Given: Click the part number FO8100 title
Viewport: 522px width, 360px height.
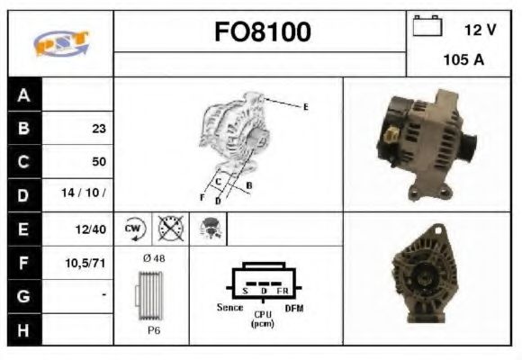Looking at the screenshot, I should point(261,32).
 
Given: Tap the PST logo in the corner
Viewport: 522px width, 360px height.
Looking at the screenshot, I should point(60,43).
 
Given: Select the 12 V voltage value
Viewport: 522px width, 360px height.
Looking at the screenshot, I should point(480,30).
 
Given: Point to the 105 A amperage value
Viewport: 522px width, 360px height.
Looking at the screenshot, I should point(463,60).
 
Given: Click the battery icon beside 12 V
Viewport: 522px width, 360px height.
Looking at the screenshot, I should point(426,28).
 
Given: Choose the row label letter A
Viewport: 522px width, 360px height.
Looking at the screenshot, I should point(23,95).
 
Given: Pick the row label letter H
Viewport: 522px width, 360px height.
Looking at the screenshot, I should point(23,329).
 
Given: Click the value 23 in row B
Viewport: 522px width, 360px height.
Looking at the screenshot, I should point(98,129).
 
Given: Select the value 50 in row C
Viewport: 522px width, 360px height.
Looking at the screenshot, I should point(98,162).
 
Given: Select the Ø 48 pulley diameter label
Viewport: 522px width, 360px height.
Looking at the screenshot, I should point(153,258).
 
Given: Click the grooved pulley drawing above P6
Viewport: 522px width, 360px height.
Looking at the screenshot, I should point(150,294).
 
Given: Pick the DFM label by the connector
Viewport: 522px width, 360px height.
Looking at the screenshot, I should point(295,308).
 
